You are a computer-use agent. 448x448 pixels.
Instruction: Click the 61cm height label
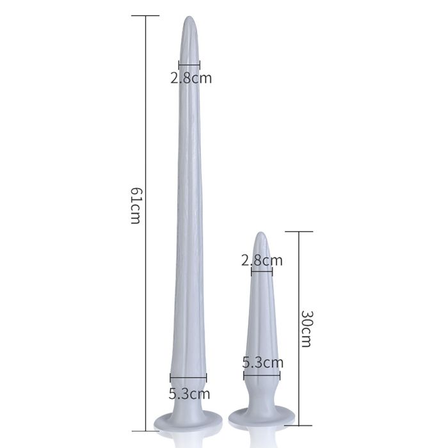(135, 205)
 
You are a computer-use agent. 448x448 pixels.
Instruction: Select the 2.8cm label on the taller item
(190, 79)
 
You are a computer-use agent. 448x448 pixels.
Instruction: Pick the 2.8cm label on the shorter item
(262, 260)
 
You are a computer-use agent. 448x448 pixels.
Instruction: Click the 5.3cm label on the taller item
(189, 394)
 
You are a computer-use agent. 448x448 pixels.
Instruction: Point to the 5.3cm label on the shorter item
(262, 362)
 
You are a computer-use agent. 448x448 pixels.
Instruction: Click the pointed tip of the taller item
(189, 19)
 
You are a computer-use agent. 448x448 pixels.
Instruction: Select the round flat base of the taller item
(189, 421)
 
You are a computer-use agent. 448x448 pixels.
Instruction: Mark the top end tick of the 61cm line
(147, 15)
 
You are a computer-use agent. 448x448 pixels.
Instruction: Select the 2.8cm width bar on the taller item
(189, 65)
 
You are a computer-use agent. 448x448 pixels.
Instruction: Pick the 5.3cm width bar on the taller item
(188, 378)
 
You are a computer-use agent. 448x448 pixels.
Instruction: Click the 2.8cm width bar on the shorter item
(262, 271)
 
